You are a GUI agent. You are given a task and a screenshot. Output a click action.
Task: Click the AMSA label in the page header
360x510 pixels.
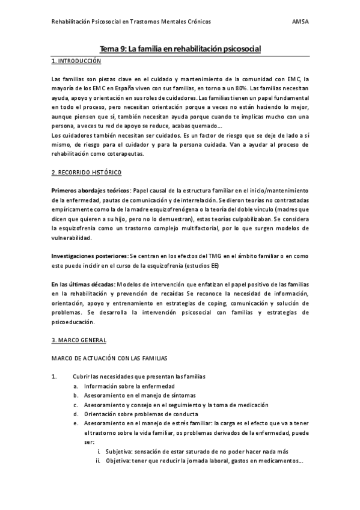(x=301, y=20)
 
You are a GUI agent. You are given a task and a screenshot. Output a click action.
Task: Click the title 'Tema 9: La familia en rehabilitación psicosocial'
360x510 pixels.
(x=180, y=51)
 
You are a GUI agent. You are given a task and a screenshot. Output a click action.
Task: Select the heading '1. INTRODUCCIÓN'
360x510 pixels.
(x=77, y=61)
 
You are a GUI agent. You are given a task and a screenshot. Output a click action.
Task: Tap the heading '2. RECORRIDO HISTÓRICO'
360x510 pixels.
(x=87, y=173)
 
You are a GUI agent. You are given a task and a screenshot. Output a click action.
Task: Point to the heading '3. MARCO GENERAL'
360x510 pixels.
(x=79, y=340)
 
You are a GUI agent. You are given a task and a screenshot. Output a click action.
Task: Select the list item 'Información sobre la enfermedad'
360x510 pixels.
(x=129, y=386)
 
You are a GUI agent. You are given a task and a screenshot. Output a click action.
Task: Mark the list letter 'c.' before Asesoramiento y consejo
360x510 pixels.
(x=76, y=405)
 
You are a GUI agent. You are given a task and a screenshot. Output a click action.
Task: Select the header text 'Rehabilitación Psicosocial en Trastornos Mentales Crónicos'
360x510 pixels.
(x=132, y=20)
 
